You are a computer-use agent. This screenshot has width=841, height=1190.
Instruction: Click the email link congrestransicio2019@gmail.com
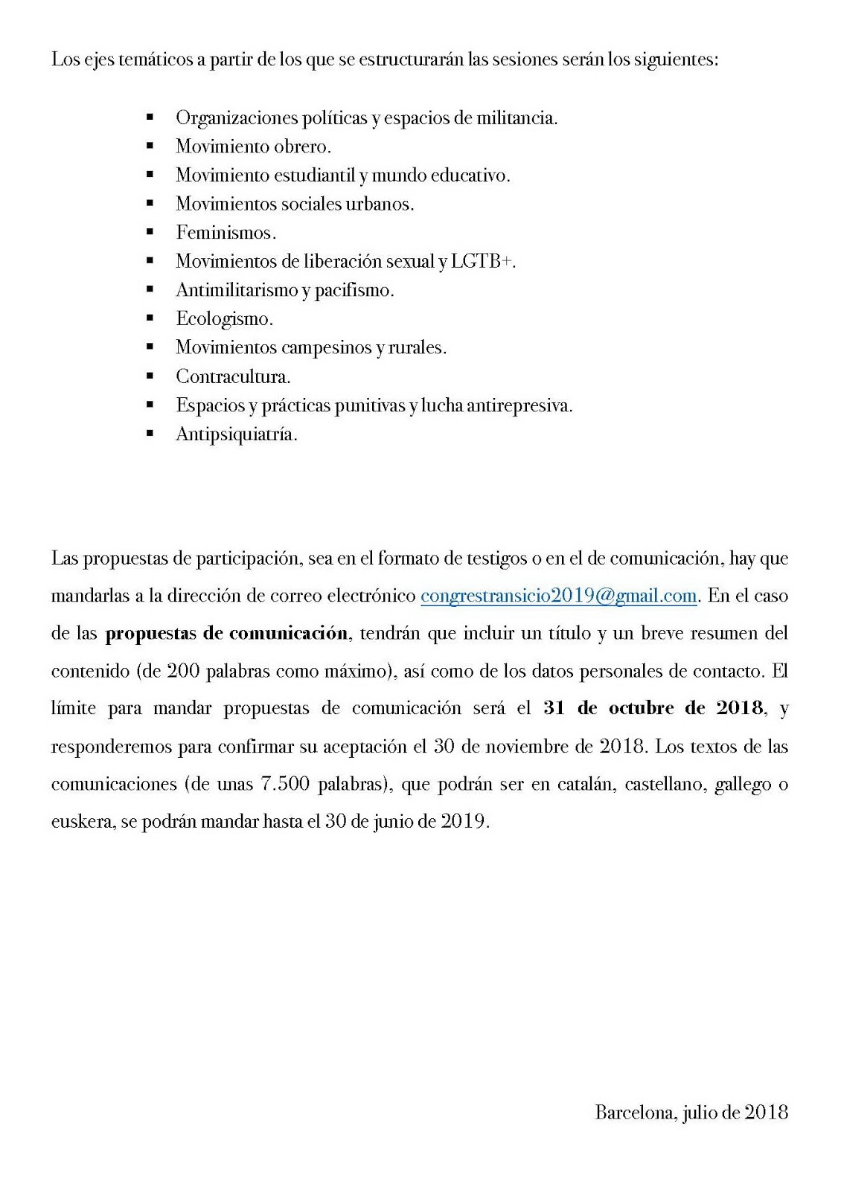point(558,596)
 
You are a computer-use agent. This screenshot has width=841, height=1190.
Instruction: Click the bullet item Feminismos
point(226,233)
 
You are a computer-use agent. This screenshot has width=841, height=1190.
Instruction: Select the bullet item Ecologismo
point(224,319)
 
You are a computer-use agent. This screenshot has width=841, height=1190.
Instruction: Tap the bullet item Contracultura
point(233,376)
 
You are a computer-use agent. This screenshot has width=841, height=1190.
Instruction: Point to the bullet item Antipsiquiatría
point(236,434)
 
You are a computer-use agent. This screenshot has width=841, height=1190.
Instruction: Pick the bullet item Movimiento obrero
point(253,147)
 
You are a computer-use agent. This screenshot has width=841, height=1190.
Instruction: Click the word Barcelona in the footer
point(635,1112)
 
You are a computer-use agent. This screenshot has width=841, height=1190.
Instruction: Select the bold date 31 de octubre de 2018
point(653,708)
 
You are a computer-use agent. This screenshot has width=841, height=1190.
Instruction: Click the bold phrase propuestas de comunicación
point(226,634)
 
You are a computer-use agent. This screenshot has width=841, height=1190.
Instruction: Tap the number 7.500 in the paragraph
point(286,784)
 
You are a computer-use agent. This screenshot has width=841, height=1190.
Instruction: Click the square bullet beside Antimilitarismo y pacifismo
point(150,289)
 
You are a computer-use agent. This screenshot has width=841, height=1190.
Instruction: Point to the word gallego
point(742,784)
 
